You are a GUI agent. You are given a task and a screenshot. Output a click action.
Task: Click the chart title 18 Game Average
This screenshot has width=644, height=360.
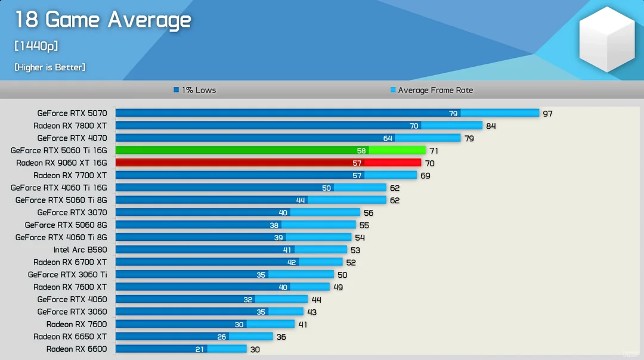tap(103, 20)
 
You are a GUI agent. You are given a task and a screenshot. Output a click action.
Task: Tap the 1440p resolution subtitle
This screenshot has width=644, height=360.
tap(36, 46)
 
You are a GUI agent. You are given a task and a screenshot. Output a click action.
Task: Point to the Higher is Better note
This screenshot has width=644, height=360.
tap(49, 67)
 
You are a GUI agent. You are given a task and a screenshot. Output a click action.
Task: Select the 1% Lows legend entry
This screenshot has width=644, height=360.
tap(194, 90)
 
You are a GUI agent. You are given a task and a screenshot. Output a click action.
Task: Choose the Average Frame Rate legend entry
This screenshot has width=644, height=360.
tap(432, 90)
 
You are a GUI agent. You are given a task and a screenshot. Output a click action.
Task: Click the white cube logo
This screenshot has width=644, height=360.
tap(606, 39)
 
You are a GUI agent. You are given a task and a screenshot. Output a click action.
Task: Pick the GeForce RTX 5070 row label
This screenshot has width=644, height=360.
tap(72, 113)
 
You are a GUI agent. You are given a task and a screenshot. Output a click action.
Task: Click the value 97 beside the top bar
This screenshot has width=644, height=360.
tap(547, 113)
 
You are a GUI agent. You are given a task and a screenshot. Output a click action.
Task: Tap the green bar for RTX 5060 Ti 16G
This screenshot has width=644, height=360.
tap(270, 150)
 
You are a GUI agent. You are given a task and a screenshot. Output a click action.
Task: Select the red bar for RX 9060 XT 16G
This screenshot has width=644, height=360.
tap(268, 163)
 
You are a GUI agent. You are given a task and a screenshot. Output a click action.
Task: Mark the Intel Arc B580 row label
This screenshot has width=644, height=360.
tap(80, 250)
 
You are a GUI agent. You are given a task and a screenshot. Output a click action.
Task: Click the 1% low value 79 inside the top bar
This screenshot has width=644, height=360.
tap(453, 113)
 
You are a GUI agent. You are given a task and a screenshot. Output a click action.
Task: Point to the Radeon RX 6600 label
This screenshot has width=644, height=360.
tap(76, 349)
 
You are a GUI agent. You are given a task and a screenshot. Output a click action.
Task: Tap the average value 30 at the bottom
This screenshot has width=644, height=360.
tap(255, 349)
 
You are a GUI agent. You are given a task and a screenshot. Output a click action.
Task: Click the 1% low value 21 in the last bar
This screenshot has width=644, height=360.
tap(200, 349)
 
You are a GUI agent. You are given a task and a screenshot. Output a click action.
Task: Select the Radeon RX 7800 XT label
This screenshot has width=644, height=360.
tap(70, 126)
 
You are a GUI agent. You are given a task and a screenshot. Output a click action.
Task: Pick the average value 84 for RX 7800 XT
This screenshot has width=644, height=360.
tap(491, 126)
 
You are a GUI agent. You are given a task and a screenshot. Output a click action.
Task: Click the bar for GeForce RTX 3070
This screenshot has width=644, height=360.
tap(238, 212)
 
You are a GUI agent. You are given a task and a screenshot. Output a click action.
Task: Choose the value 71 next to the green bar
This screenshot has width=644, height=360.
tap(434, 151)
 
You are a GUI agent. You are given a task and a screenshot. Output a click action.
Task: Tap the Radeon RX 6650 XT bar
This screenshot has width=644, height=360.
tap(194, 337)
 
